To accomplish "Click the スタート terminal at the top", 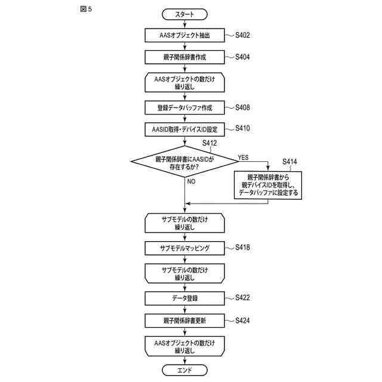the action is (184, 14).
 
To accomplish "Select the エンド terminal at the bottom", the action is (184, 370).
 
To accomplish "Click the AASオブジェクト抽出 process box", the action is (184, 35).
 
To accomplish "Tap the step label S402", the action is (242, 35).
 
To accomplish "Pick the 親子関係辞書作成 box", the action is (184, 57).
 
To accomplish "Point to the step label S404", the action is (242, 57).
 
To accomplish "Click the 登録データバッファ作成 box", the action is (184, 107).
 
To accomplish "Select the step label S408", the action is (242, 107).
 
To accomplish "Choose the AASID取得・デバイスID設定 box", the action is (184, 130).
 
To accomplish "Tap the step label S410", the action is (242, 128).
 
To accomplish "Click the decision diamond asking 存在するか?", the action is (184, 161).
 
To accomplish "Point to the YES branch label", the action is (243, 158).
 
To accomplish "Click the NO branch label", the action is (191, 181).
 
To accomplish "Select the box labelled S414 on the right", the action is (268, 185).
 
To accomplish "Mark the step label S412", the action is (210, 143).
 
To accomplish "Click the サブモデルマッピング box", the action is (184, 248).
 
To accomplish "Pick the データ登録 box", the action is (184, 298).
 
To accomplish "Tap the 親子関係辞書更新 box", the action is (184, 321).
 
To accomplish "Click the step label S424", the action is (242, 321).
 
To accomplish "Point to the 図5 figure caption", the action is (86, 10).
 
